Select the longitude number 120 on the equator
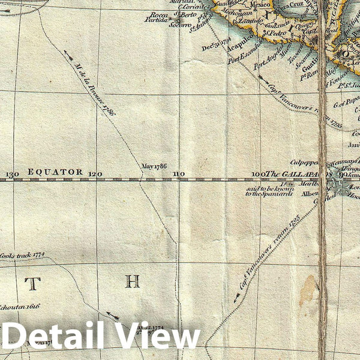pyautogui.click(x=95, y=174)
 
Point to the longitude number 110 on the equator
pyautogui.click(x=178, y=174)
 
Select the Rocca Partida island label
pyautogui.click(x=158, y=17)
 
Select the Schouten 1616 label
pyautogui.click(x=20, y=305)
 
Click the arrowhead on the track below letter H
pyautogui.click(x=114, y=315)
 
